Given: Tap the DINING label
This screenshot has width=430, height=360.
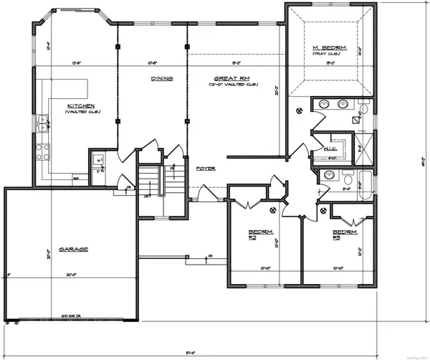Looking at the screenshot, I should [161, 79].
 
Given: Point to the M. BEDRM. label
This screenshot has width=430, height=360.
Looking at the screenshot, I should [330, 48].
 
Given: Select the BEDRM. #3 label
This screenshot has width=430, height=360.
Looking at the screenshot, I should [345, 234].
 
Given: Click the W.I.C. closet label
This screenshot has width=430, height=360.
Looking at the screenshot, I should [330, 149].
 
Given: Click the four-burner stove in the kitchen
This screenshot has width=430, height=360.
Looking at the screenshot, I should [42, 152].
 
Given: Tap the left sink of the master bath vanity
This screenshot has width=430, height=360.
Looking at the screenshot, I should [325, 105].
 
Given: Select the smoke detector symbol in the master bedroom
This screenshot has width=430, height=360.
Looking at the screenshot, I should [300, 109].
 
